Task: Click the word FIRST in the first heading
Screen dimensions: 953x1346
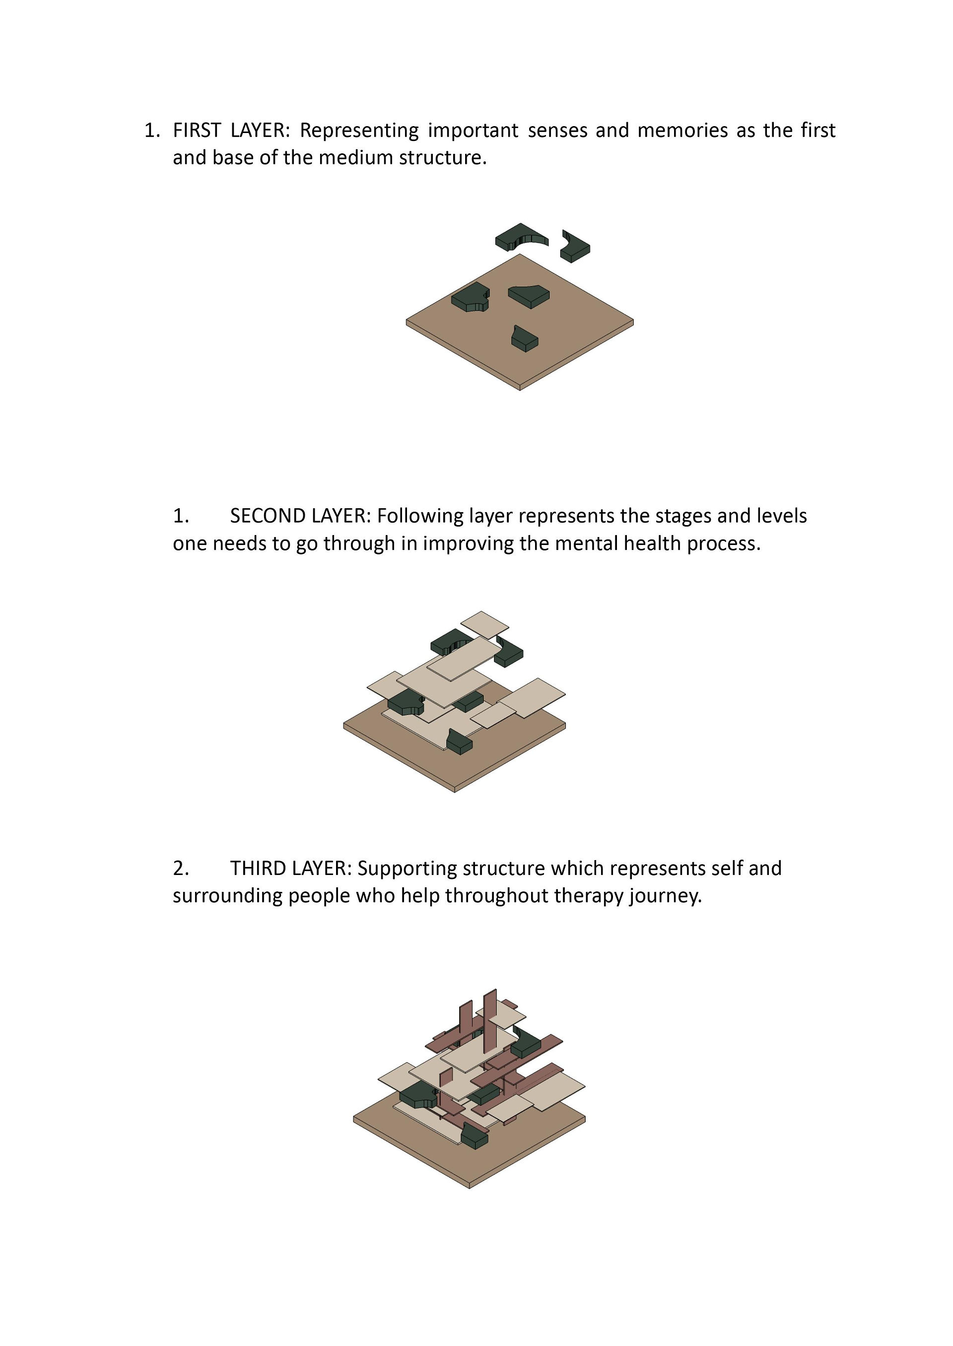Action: [197, 130]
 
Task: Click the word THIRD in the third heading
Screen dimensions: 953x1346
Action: [257, 868]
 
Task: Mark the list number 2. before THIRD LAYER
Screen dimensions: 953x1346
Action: [181, 868]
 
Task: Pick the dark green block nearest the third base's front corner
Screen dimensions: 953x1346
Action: [474, 1137]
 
